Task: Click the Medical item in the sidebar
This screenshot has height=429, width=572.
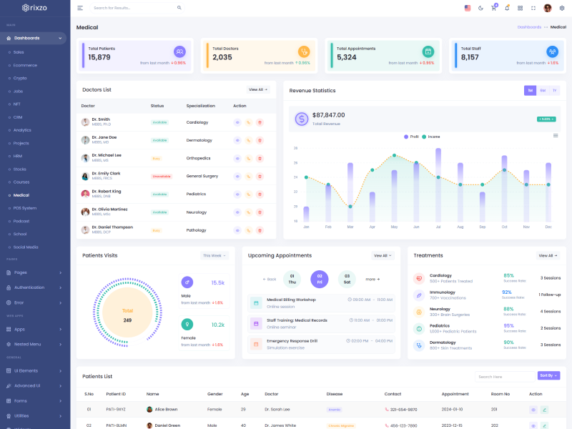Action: [x=21, y=195]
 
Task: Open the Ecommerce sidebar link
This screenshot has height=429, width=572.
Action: [x=25, y=65]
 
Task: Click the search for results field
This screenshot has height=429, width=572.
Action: [x=132, y=8]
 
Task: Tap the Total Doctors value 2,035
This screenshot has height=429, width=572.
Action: [x=222, y=57]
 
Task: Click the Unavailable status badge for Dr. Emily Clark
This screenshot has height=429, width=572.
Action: [x=162, y=176]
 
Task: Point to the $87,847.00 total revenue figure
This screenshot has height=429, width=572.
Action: [x=329, y=115]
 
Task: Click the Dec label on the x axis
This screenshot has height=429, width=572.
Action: [x=548, y=227]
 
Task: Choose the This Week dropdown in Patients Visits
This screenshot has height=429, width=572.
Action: [x=214, y=255]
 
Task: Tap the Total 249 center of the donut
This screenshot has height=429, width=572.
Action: [x=127, y=315]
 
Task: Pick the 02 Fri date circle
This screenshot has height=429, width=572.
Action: [x=320, y=279]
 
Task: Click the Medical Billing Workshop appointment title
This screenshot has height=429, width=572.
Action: [x=291, y=300]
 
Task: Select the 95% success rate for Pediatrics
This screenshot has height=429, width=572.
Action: [x=509, y=325]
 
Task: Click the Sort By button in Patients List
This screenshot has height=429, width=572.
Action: [x=548, y=375]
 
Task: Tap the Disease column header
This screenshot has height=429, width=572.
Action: [x=335, y=394]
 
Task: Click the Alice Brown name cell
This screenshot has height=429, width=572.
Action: [x=166, y=410]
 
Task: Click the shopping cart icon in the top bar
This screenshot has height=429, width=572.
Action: [x=493, y=8]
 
